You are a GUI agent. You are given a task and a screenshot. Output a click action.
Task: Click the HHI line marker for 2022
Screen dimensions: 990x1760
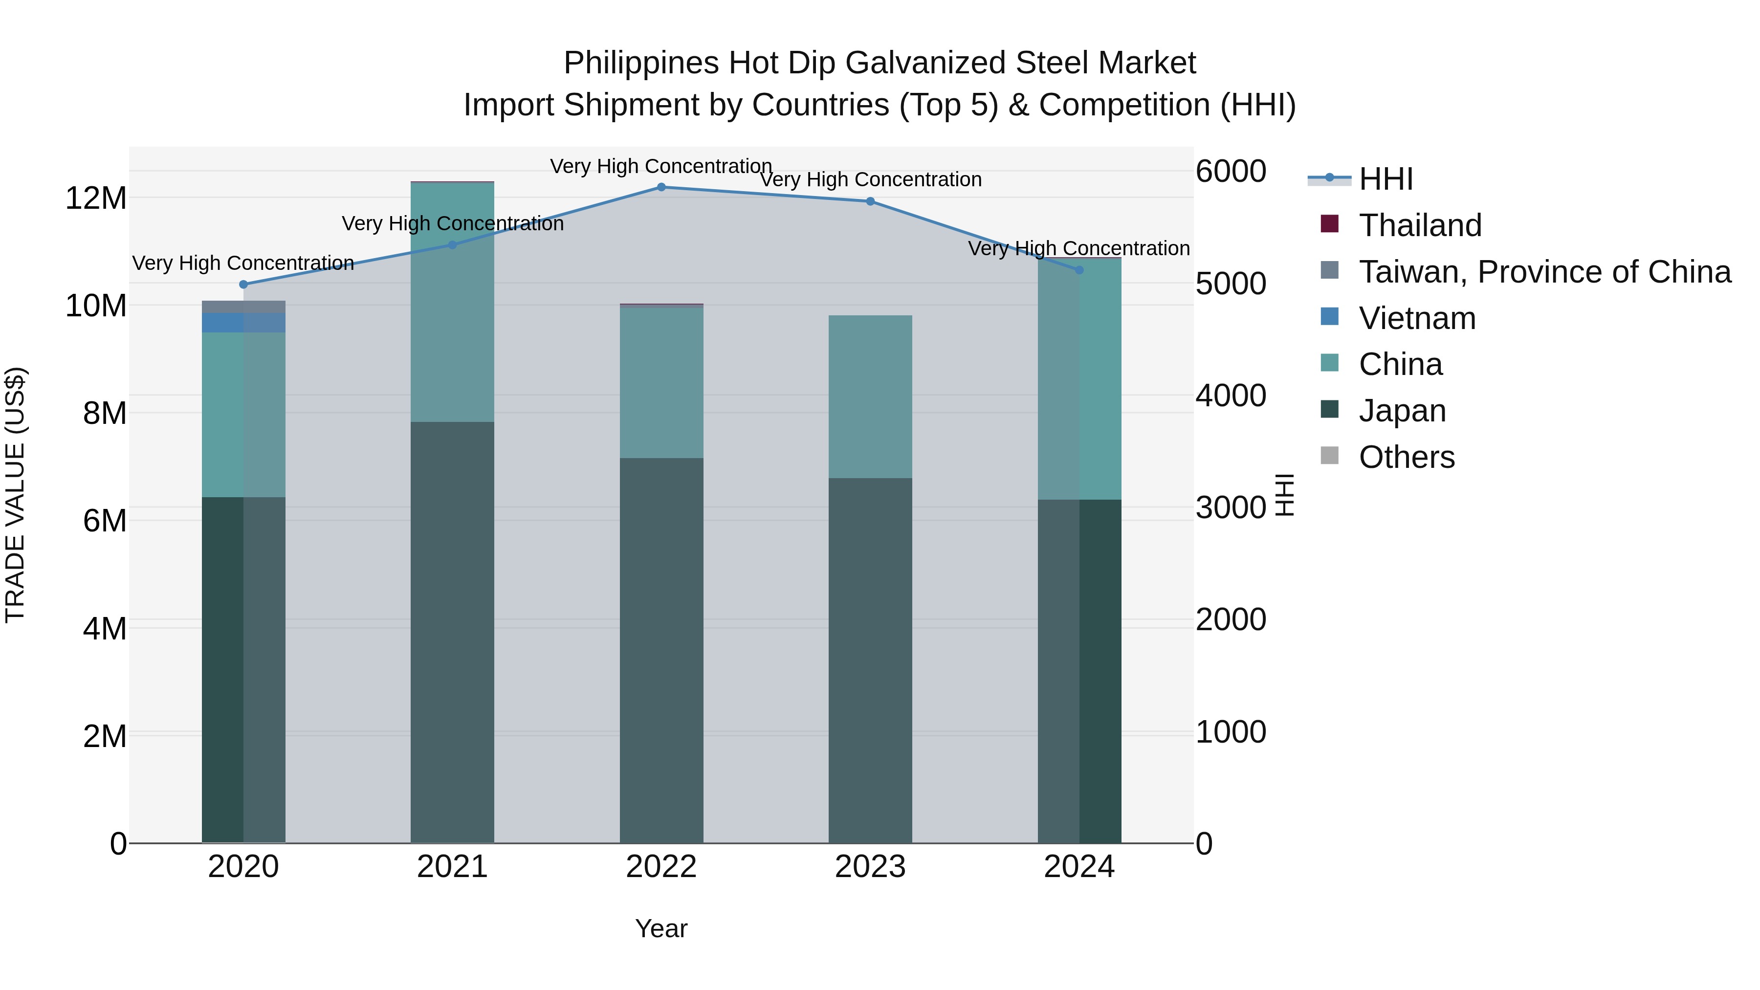tap(660, 187)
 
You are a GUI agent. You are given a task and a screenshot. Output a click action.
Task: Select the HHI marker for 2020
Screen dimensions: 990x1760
tap(243, 284)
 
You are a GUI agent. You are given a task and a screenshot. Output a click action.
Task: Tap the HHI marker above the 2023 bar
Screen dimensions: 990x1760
tap(870, 201)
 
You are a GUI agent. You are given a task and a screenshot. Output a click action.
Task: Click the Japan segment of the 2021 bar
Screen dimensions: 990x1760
tap(452, 632)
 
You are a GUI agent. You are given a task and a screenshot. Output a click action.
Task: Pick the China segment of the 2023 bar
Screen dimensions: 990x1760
tap(870, 396)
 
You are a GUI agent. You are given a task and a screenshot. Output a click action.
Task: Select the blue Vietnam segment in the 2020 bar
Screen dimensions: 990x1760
tap(243, 323)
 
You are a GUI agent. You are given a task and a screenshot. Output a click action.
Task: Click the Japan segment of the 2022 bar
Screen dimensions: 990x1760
tap(660, 649)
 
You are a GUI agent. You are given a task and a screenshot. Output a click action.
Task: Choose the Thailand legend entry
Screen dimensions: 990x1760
tap(1419, 225)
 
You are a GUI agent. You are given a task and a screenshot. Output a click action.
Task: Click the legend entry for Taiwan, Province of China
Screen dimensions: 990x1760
tap(1544, 272)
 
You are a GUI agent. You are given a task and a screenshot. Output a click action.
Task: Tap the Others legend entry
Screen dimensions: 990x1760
tap(1406, 457)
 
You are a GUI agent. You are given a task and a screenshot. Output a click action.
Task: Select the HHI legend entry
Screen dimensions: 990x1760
tap(1385, 179)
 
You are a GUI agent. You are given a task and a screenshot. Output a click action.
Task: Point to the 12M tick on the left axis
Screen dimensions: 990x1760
tap(96, 198)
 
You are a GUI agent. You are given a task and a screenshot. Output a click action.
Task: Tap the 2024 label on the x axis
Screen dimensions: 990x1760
tap(1079, 867)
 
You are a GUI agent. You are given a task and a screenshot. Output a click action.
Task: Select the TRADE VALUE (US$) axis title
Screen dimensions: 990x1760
tap(15, 495)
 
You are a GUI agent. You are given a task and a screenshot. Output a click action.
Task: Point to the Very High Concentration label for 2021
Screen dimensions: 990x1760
tap(452, 223)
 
